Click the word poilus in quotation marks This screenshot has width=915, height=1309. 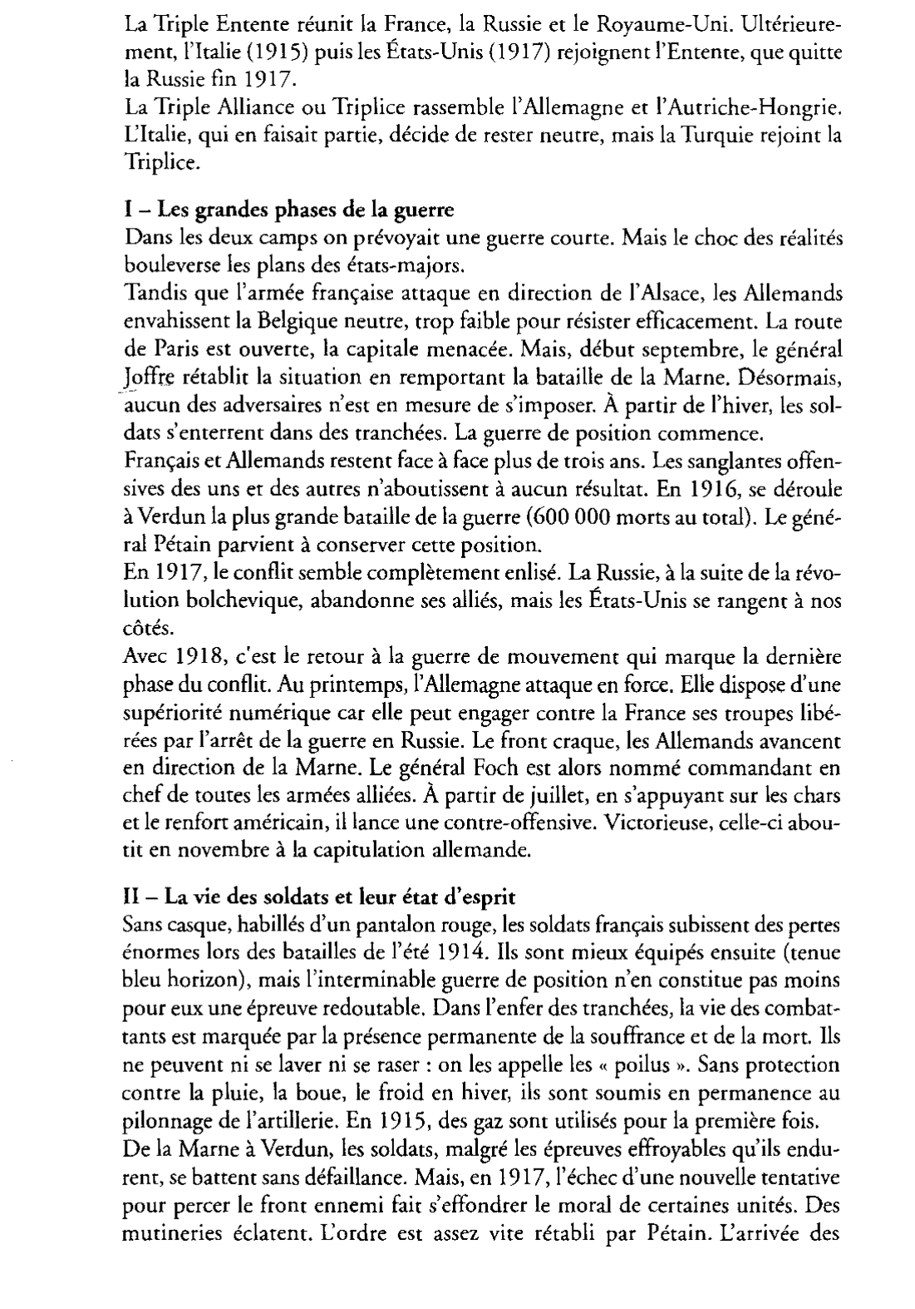(647, 1064)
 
